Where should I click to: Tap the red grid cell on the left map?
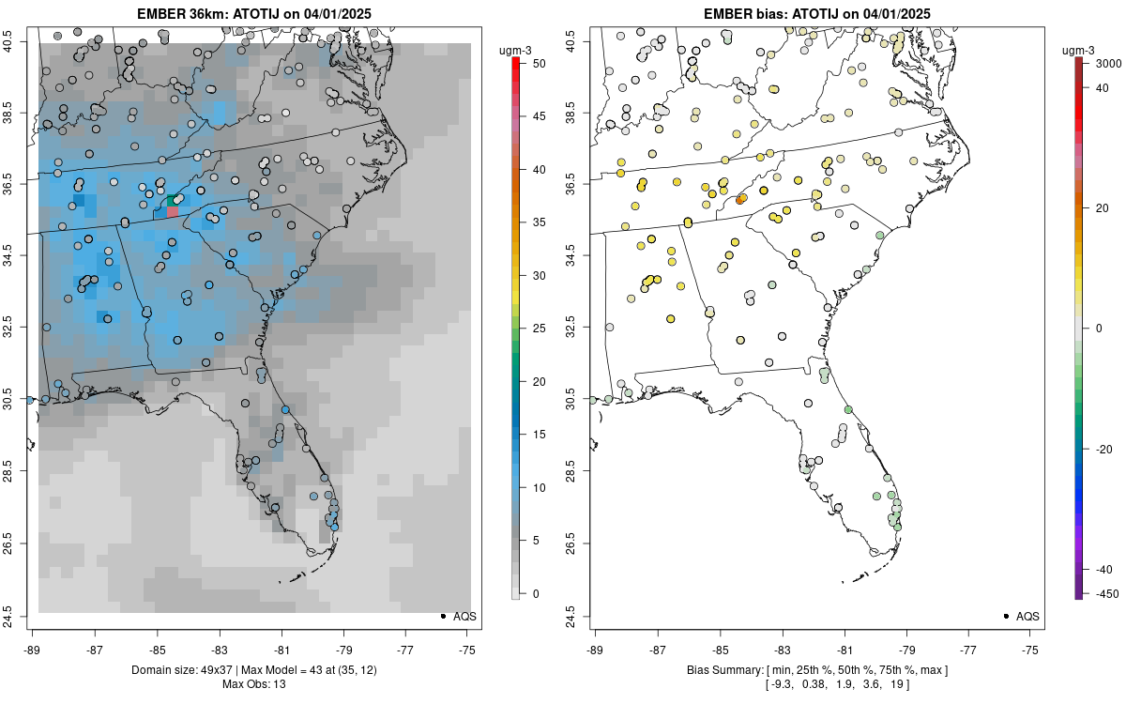coord(173,212)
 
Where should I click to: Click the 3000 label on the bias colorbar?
coord(1106,64)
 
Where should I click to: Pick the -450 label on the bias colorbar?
coord(1105,593)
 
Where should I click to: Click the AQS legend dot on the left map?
coord(442,616)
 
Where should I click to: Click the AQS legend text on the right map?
coord(1027,616)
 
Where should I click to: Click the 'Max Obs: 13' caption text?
coord(253,684)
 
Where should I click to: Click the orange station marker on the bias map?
coord(741,199)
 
